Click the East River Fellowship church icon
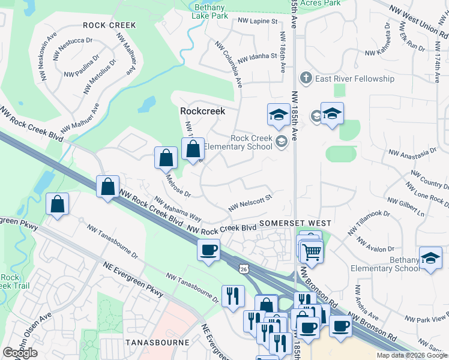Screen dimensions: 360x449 306,79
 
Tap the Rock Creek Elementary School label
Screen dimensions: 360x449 239,142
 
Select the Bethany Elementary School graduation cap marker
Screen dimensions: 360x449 430,258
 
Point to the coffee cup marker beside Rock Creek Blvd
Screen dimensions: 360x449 208,250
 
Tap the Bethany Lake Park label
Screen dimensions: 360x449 209,11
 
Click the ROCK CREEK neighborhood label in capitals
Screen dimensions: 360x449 110,25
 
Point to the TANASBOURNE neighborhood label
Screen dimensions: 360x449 157,342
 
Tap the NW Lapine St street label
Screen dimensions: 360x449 258,21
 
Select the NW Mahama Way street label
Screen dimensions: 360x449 177,207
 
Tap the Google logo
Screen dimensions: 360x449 20,353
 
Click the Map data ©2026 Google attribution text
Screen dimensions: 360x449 411,355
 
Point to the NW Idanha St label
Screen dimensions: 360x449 256,59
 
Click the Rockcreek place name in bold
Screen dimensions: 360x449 203,112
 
